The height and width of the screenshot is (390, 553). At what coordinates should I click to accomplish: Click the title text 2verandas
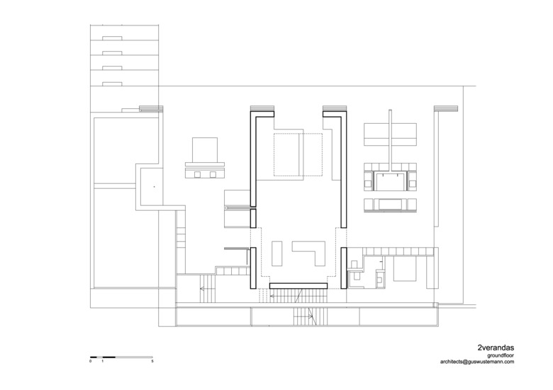496,348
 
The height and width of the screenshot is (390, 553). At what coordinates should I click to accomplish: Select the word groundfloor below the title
501,355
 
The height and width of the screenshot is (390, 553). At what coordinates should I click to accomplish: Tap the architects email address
477,362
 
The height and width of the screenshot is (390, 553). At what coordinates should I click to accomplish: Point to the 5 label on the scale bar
152,362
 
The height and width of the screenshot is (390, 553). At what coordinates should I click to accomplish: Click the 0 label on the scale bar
91,362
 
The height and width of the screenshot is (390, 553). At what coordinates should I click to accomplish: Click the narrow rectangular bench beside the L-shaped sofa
277,253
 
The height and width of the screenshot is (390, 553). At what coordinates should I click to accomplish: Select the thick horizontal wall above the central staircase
298,285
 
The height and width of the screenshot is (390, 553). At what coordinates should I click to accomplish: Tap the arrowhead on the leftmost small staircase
202,289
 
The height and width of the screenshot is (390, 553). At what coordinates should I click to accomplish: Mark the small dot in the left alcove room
154,187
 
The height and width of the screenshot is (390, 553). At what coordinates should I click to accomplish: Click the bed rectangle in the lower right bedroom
406,269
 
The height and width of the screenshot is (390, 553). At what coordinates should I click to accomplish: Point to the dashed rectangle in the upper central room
298,154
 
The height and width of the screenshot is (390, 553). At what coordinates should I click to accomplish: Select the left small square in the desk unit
197,175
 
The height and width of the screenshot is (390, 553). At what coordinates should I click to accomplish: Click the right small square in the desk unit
213,175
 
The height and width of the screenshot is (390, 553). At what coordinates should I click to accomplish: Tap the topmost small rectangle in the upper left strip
112,38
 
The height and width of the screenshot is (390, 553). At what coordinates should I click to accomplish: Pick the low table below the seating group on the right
391,204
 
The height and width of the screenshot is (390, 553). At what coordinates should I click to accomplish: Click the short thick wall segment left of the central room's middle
253,218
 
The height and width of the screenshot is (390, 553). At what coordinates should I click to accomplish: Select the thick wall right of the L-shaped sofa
344,268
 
